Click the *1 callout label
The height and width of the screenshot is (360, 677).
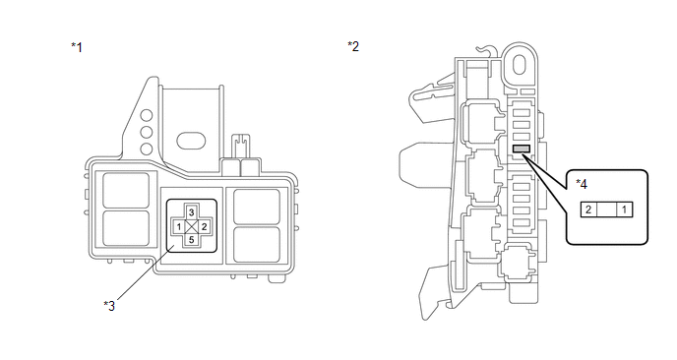point(77,47)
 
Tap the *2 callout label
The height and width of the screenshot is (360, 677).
point(353,46)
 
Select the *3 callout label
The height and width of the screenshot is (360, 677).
point(109,306)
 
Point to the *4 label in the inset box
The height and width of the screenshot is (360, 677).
point(582,184)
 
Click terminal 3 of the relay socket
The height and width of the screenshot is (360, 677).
point(191,212)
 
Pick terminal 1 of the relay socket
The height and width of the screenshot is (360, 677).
point(179,226)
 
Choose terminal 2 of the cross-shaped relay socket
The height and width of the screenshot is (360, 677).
point(204,226)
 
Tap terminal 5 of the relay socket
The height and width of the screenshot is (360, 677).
point(191,240)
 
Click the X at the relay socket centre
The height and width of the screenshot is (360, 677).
point(191,226)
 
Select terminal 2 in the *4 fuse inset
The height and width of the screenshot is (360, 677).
point(588,210)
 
